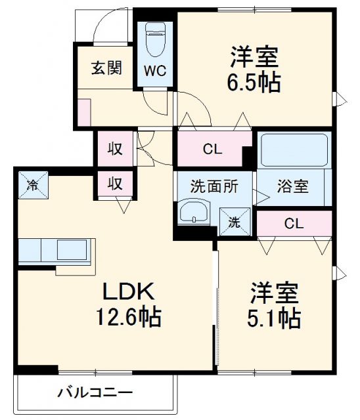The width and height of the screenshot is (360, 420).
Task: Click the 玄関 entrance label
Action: [x=106, y=68]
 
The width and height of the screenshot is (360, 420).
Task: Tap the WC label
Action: [x=156, y=69]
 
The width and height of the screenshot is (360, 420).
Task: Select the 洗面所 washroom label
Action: [x=207, y=186]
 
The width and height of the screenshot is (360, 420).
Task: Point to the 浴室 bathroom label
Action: [x=292, y=186]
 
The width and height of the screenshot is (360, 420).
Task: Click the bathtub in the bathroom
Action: [x=294, y=151]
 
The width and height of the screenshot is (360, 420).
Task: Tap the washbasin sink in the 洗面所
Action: [x=193, y=214]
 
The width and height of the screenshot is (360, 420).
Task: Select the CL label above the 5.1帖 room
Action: [x=294, y=223]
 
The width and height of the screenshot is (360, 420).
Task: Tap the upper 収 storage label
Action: [x=115, y=148]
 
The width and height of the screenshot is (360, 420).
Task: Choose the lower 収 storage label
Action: [x=115, y=183]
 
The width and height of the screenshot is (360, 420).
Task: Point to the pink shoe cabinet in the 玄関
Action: [x=83, y=111]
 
